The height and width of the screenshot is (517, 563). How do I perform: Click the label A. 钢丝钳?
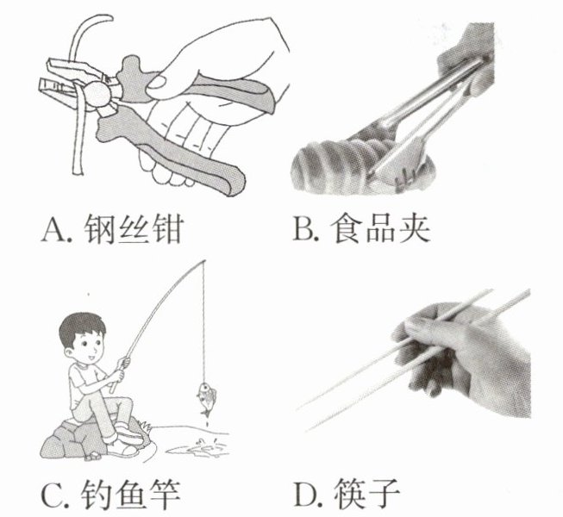pos(113,228)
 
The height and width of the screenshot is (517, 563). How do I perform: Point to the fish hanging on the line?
pos(206,397)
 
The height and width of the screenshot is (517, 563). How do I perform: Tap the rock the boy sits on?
pos(90,439)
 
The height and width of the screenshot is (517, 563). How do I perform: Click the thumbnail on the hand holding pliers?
pos(159,84)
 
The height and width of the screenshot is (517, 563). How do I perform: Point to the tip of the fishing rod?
pos(204,261)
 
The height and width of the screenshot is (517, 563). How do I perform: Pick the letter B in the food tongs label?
pos(303,228)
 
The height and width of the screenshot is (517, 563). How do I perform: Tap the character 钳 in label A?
pos(168,228)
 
